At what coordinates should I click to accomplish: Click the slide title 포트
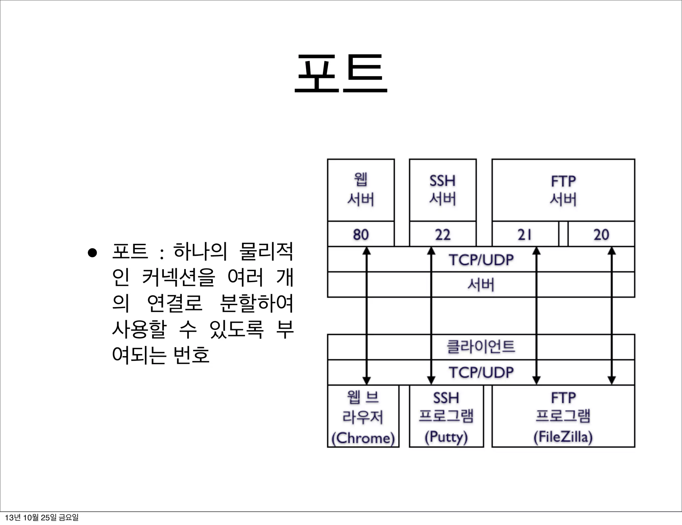pos(341,74)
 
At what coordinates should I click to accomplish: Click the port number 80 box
pos(361,234)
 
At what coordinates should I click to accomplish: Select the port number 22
pos(443,234)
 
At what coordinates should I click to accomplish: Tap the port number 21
pos(525,234)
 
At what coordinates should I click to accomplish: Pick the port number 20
pos(601,234)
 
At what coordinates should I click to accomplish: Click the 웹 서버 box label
pos(361,190)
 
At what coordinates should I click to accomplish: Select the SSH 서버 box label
pos(443,190)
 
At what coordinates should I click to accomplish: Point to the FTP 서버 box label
pos(563,190)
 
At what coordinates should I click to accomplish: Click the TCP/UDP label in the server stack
pos(481,260)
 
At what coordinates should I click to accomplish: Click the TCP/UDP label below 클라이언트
pos(481,372)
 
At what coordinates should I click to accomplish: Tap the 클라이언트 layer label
pos(481,346)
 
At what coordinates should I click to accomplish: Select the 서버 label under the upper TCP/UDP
pos(481,285)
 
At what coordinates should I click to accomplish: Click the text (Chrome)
pos(363,438)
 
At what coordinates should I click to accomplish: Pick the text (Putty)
pos(446,437)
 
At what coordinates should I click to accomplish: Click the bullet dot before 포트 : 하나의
pos(92,253)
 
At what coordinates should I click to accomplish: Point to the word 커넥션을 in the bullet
pos(178,277)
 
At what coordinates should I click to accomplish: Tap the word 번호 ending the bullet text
pos(191,355)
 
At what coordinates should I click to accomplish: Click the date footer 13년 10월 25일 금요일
pos(42,517)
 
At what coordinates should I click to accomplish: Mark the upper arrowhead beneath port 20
pos(611,251)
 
